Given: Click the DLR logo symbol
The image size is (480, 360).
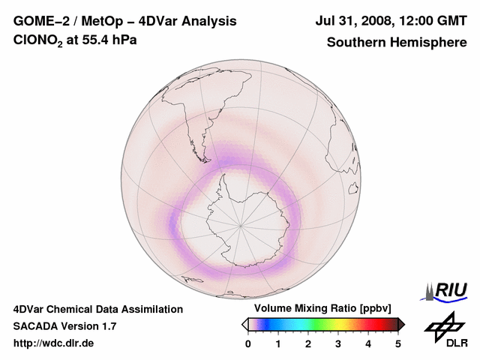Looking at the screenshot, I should [444, 325].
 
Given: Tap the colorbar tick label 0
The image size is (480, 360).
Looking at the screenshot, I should [248, 343].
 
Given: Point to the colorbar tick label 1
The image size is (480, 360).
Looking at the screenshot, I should [278, 343].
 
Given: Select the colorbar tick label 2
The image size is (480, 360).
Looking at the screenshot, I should [308, 343].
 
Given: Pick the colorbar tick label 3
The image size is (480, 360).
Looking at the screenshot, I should [338, 343].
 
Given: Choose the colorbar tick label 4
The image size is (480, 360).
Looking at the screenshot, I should [368, 343].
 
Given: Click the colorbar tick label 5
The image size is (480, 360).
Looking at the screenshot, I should [398, 343].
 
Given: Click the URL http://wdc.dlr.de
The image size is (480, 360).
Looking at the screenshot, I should [54, 343].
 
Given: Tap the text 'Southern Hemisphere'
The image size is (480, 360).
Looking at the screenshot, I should [396, 42].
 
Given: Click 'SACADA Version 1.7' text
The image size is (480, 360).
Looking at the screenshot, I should [64, 326].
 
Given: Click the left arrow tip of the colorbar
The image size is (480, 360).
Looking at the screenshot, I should [244, 324].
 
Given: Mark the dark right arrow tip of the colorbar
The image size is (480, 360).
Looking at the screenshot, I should [402, 324].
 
